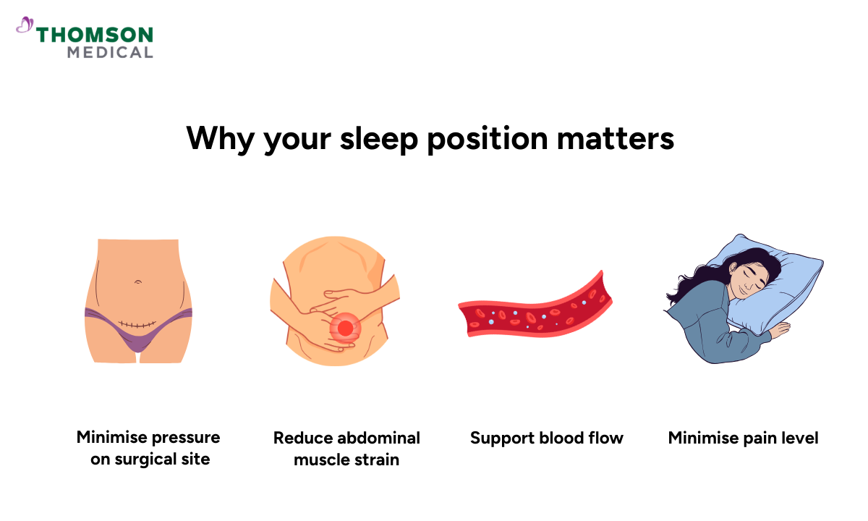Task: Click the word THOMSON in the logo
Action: pyautogui.click(x=95, y=35)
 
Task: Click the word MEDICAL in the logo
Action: pyautogui.click(x=110, y=52)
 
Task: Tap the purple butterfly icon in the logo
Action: pyautogui.click(x=25, y=27)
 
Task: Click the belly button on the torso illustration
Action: pyautogui.click(x=137, y=281)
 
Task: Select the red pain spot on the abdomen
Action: pyautogui.click(x=345, y=328)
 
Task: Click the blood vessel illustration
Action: pyautogui.click(x=535, y=310)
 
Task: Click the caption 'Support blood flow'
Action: pyautogui.click(x=546, y=438)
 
